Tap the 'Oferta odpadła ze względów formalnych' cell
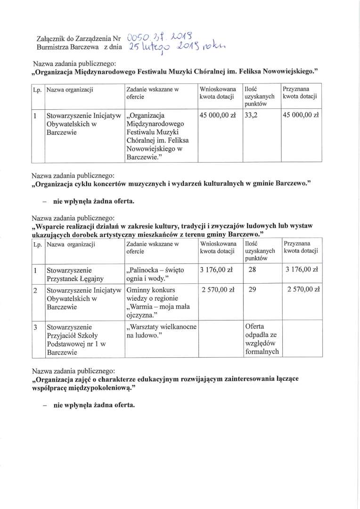[262, 339]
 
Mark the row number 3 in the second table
[35, 326]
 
